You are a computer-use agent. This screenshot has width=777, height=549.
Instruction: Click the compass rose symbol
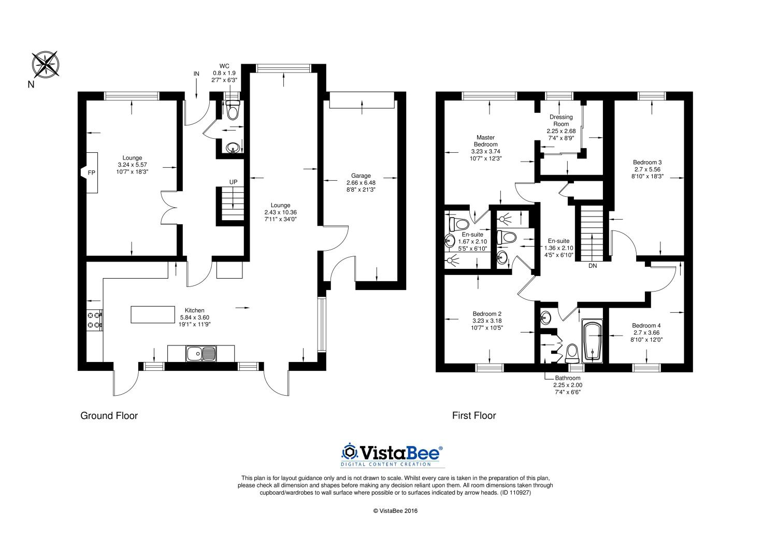tap(46, 64)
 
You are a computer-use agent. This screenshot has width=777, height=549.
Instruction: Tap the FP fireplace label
tap(91, 172)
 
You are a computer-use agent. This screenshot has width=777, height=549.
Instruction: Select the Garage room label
tap(361, 176)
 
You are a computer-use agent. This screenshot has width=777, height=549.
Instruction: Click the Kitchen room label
tap(194, 310)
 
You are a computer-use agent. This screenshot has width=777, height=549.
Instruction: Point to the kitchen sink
tap(201, 354)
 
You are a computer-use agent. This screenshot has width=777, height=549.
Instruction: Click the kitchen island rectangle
tap(153, 314)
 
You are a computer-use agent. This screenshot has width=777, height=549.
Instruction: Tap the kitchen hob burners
tap(94, 320)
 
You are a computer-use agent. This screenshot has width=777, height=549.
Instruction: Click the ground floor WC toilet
tap(233, 110)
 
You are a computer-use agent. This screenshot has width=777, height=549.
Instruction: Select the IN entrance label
tap(196, 74)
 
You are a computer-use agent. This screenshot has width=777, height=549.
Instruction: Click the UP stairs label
tap(233, 182)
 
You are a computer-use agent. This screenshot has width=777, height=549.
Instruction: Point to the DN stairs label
tap(593, 266)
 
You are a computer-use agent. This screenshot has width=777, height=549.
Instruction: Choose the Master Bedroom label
tap(486, 141)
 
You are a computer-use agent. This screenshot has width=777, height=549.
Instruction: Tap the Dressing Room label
tap(561, 120)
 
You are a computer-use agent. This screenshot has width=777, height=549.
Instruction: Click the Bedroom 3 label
tap(647, 162)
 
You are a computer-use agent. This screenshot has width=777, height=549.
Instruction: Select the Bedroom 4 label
tap(646, 325)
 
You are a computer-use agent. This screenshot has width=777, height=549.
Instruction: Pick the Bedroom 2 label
tap(487, 314)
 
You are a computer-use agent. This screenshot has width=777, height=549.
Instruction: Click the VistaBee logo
tap(392, 455)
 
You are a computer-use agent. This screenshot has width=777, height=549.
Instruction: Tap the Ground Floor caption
tap(109, 415)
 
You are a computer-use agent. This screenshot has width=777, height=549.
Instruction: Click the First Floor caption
tap(474, 415)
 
